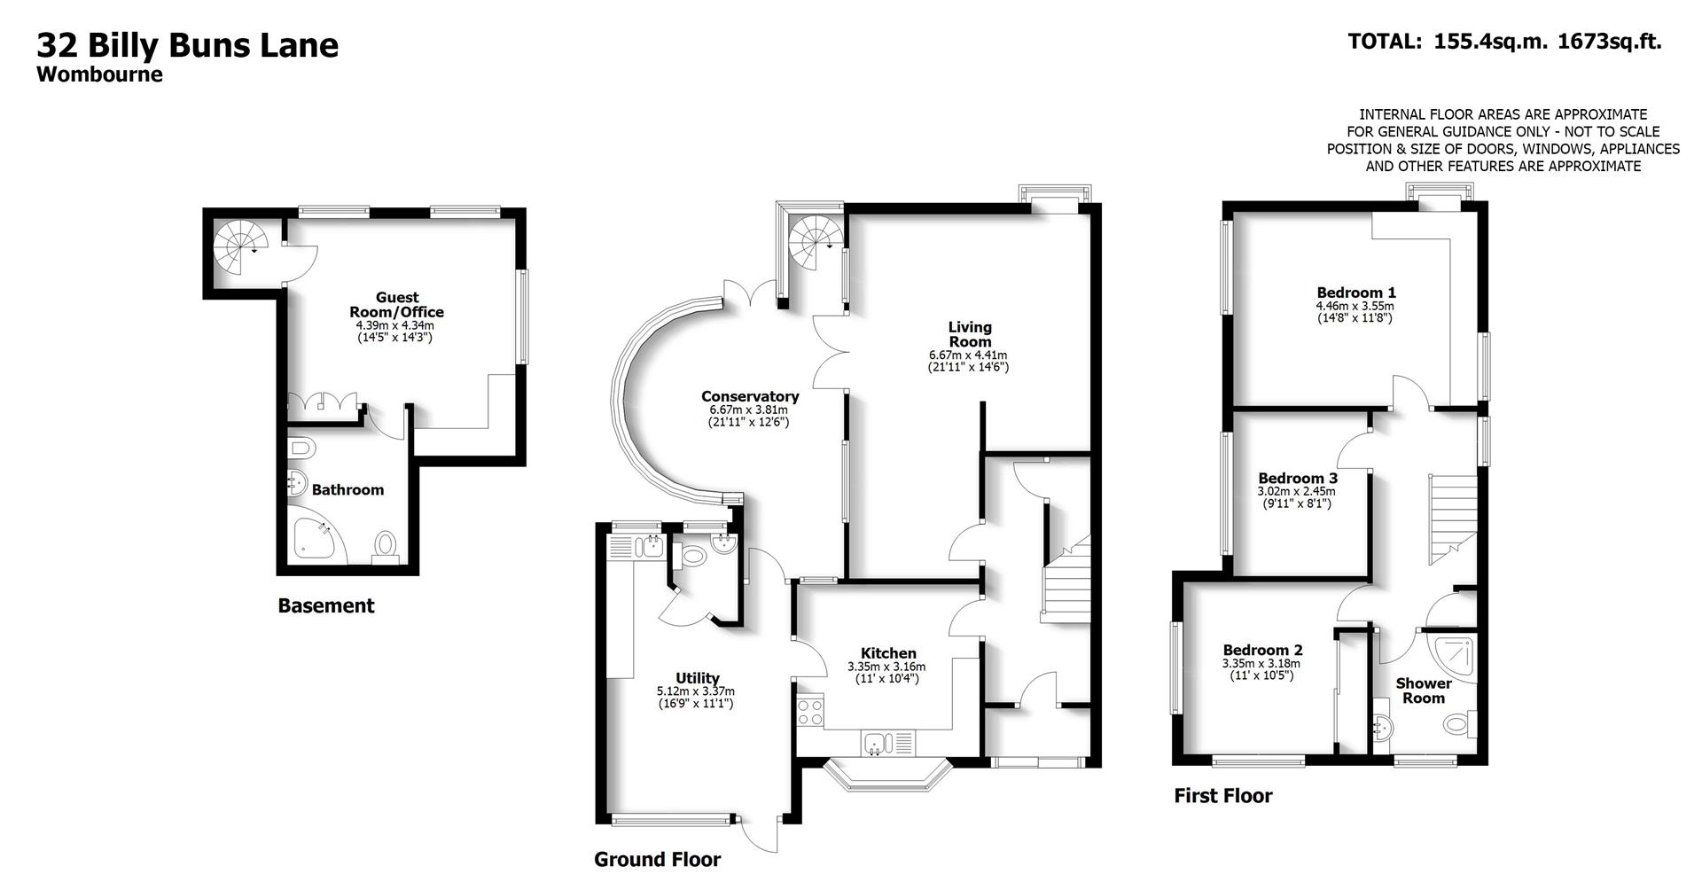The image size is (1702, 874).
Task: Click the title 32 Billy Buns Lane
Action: click(187, 44)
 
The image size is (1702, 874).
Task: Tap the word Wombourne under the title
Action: click(99, 74)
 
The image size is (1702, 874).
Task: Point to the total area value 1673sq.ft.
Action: click(1609, 41)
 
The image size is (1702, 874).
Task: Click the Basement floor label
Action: click(325, 605)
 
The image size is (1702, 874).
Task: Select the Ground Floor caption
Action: click(657, 859)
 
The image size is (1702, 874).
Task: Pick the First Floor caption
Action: click(1222, 796)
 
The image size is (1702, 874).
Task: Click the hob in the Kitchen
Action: click(809, 713)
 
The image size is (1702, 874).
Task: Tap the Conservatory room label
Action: click(749, 396)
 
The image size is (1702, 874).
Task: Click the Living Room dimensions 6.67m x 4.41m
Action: click(969, 355)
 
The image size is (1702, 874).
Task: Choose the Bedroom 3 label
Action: click(1297, 479)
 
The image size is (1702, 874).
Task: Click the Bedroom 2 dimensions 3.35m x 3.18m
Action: click(1261, 663)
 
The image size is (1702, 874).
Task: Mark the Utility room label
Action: click(697, 678)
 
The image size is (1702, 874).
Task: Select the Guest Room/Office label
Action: click(396, 304)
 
